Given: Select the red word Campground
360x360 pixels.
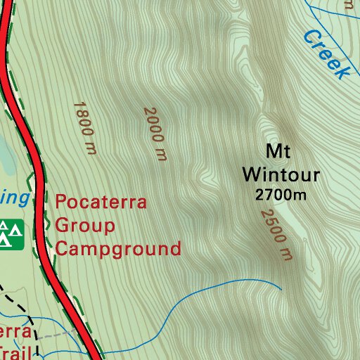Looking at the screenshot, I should (118, 249).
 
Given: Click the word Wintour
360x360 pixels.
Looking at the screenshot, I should (281, 174).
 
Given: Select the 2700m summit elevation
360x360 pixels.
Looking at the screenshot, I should (281, 195).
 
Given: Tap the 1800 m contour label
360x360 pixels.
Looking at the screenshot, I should (84, 127).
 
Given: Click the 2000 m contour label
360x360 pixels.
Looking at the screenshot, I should (155, 133).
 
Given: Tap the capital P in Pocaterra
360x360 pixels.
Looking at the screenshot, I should (60, 203).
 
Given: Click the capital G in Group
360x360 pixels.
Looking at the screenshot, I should (62, 226).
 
